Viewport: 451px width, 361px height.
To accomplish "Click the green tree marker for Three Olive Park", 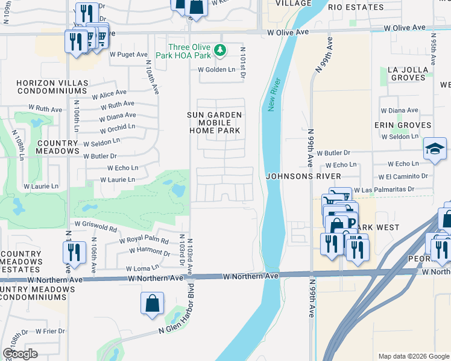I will (220, 50).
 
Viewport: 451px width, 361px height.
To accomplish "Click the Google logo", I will (20, 354).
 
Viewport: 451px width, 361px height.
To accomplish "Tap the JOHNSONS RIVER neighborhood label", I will (304, 176).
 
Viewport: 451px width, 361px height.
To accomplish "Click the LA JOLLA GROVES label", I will (408, 74).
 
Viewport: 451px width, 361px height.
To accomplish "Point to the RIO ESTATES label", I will (356, 7).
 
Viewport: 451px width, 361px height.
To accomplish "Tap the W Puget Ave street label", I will (128, 54).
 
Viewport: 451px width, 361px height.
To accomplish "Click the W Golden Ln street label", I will (217, 70).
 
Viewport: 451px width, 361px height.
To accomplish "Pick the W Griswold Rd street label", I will (95, 227).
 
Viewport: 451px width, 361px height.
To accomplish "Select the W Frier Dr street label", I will (50, 331).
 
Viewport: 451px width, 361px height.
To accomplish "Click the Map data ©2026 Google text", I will (412, 356).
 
